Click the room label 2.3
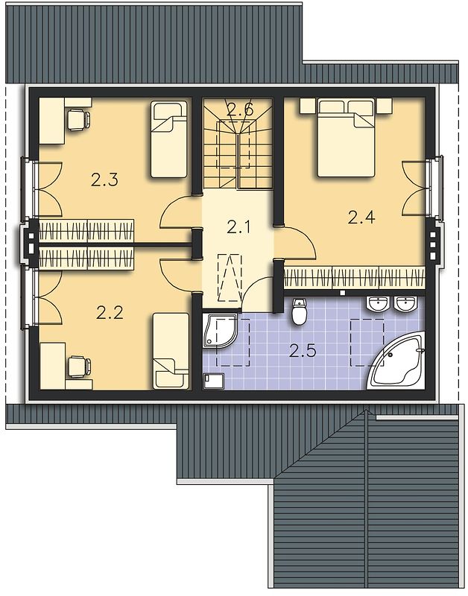tap(104, 180)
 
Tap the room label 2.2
tap(110, 313)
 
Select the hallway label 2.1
tap(238, 227)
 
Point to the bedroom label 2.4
tap(361, 218)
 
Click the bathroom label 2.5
tap(303, 350)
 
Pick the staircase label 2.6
tap(239, 110)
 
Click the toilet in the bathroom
tap(300, 311)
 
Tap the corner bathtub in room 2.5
tap(396, 363)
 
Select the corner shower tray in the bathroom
tap(220, 330)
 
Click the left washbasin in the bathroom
tap(378, 304)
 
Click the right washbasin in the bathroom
tap(406, 304)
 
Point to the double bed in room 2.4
tap(346, 138)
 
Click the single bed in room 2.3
tap(169, 139)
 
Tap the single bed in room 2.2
tap(171, 351)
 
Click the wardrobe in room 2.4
tap(355, 278)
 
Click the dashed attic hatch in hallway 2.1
tap(230, 278)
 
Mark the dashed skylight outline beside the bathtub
tap(367, 343)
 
